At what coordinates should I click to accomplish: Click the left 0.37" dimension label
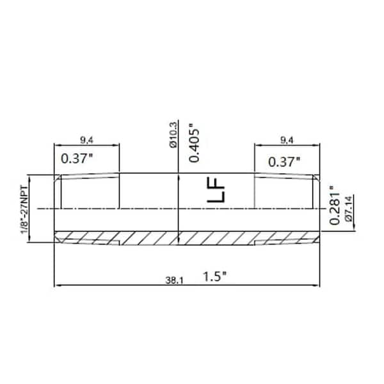[77, 157]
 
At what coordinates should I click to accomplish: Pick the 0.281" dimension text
[334, 205]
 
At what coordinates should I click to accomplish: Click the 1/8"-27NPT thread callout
[26, 207]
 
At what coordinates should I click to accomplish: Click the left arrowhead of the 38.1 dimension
[60, 285]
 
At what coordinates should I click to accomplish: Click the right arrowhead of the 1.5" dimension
[318, 285]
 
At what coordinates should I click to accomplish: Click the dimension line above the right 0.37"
[287, 145]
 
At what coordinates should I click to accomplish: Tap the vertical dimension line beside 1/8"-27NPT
[33, 208]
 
